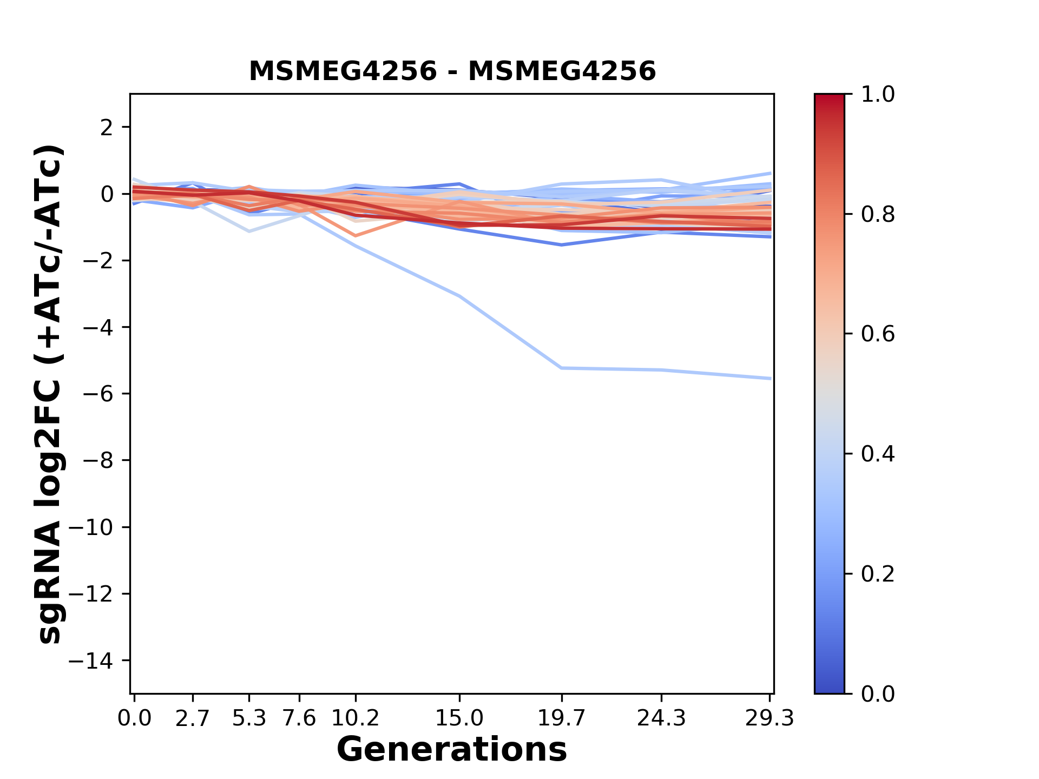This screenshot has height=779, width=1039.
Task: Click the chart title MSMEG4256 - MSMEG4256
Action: [x=452, y=71]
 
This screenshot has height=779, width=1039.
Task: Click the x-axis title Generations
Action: [x=452, y=750]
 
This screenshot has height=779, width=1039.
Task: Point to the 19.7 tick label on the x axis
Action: [x=562, y=718]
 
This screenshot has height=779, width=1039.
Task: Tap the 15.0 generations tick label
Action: [x=459, y=718]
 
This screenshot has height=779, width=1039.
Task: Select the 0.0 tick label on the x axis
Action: [x=134, y=718]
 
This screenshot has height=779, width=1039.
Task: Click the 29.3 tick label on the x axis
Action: [x=770, y=718]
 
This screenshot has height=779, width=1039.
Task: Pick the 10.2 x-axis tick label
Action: [x=355, y=718]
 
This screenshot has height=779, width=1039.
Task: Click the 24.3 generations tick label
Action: [x=661, y=718]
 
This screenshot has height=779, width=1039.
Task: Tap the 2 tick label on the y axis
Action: [x=107, y=127]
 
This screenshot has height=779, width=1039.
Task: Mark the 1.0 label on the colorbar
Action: [x=878, y=95]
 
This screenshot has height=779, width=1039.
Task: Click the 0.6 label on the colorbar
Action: [x=878, y=334]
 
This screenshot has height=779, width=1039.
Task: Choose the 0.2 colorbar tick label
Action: [x=878, y=574]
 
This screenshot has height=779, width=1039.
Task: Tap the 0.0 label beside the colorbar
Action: [x=878, y=694]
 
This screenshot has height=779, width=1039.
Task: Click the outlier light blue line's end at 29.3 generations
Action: [x=770, y=378]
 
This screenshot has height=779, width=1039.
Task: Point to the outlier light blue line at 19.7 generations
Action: [x=562, y=368]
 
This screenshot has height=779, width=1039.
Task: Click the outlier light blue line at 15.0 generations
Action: [x=459, y=296]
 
